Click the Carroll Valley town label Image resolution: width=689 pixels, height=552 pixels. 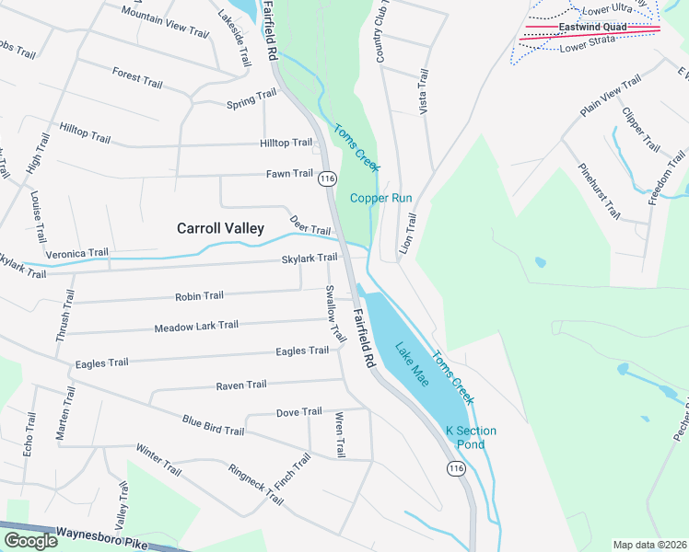point(220,228)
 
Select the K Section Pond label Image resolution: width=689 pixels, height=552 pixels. point(471,438)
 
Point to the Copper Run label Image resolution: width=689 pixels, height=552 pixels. point(380,198)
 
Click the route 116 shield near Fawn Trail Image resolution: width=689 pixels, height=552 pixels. point(327,179)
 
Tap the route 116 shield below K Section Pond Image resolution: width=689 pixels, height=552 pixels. point(456,469)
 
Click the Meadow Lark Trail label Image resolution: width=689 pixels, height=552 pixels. point(196,327)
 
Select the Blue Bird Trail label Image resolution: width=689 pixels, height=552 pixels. point(213,426)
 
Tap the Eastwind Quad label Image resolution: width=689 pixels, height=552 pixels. point(592,27)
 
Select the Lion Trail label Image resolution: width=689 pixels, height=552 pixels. point(408,234)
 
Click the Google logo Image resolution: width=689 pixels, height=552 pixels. point(29,541)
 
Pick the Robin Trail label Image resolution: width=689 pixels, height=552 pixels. point(199,296)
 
